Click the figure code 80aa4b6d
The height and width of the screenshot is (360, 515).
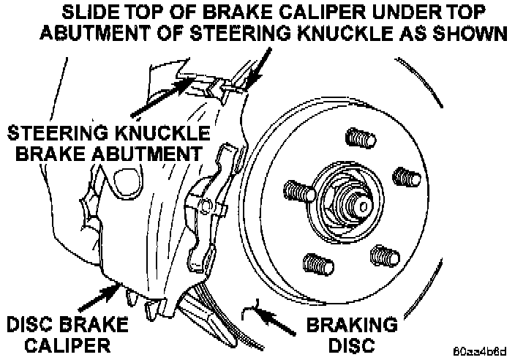(x=479, y=350)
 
